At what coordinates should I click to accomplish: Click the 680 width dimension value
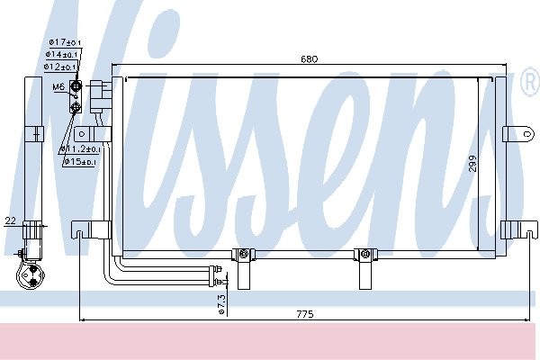(309, 58)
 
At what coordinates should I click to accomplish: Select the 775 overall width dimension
(305, 314)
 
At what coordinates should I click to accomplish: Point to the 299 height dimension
(472, 164)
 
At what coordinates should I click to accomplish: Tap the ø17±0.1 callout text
(65, 42)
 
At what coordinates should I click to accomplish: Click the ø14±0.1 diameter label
(61, 54)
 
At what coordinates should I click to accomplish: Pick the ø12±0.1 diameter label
(60, 67)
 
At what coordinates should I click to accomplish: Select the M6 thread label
(58, 86)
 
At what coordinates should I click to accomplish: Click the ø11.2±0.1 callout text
(80, 148)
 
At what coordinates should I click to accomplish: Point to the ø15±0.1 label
(80, 161)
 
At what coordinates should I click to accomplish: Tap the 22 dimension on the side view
(11, 220)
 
